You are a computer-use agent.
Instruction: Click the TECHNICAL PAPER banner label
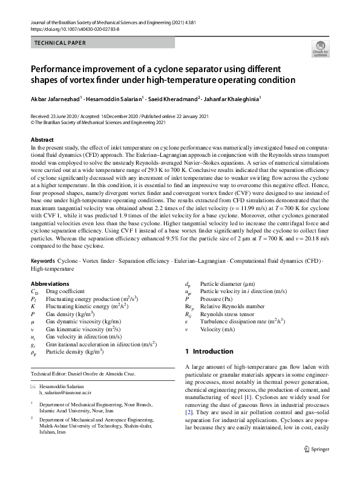(x=61, y=43)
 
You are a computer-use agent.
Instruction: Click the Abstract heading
(x=42, y=140)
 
